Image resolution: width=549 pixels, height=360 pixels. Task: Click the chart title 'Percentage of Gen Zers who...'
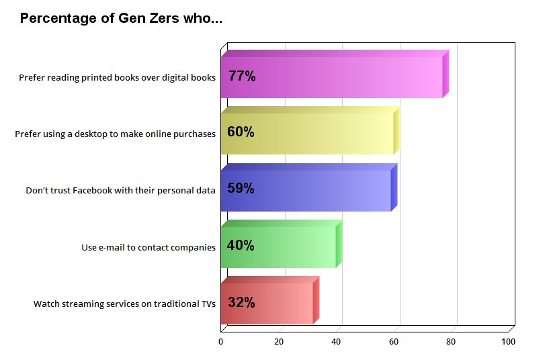tap(121, 18)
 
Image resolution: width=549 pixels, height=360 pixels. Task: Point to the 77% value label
tap(242, 76)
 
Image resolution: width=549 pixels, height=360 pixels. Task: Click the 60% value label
tap(241, 132)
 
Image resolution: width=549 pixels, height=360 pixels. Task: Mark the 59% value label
tap(241, 189)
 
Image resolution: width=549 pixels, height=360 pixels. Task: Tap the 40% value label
tap(241, 245)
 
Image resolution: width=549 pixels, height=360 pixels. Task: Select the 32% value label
tap(241, 302)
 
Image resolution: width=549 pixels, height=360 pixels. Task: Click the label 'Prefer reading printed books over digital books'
tap(117, 77)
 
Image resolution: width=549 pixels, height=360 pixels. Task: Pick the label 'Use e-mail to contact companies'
tap(149, 247)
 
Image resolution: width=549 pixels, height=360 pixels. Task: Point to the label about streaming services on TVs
tap(124, 304)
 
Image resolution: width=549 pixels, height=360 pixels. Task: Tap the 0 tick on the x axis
tap(221, 342)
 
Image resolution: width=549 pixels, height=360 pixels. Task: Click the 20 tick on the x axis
tap(278, 342)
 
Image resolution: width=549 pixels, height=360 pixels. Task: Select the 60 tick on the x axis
tap(393, 342)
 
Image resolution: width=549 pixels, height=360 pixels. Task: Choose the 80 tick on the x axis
tap(451, 342)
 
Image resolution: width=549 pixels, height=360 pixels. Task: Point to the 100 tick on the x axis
tap(508, 342)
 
